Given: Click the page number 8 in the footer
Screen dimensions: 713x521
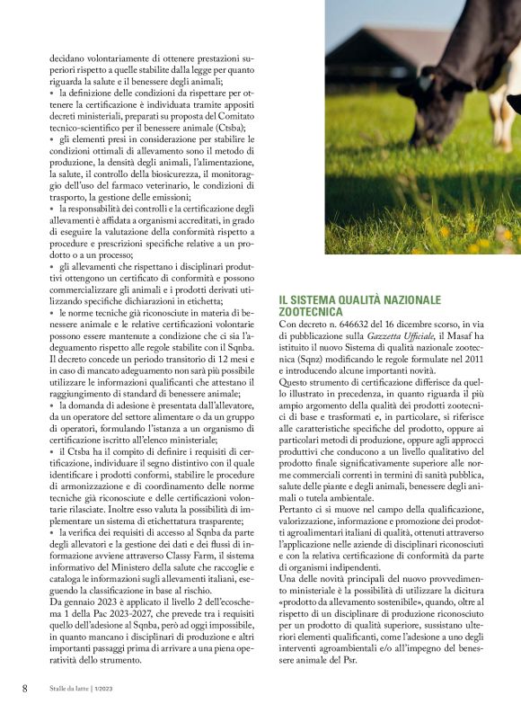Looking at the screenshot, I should pos(24,688).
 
